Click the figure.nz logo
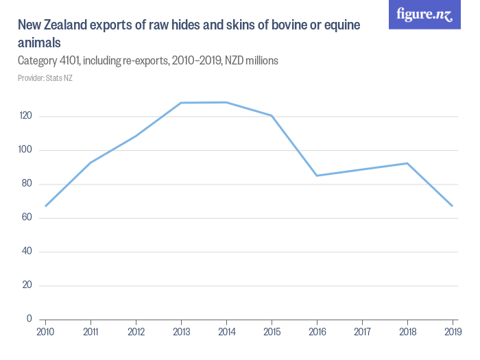point(424,14)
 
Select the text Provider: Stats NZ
point(45,78)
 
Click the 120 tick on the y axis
point(27,117)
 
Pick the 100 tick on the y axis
point(27,150)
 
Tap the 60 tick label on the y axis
point(28,218)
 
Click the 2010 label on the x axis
point(45,333)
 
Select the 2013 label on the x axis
point(181,333)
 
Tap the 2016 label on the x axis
point(317,333)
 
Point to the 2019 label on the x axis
point(453,333)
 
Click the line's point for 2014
point(226,102)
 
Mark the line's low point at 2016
point(317,176)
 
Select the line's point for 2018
point(407,163)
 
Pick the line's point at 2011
point(91,163)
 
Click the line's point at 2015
point(272,115)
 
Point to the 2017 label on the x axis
point(362,333)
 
